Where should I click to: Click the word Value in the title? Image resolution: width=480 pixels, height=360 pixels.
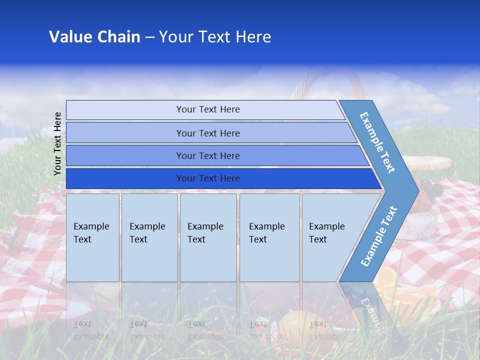point(70,37)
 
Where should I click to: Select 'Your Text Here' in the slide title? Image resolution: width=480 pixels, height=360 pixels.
point(215,37)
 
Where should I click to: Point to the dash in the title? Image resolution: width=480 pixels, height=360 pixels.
point(149,37)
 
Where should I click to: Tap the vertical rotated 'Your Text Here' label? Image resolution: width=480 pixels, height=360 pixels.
point(57,143)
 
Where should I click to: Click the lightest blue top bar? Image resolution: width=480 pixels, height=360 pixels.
point(207,109)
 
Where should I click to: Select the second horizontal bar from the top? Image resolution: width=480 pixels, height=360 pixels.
point(207,133)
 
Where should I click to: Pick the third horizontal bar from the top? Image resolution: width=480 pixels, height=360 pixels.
point(207,155)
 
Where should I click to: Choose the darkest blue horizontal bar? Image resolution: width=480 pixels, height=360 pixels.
point(207,178)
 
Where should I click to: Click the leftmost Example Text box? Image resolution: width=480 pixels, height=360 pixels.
point(92,237)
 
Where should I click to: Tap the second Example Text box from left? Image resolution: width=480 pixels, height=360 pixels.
point(149,237)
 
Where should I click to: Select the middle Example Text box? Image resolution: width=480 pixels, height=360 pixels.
point(208,237)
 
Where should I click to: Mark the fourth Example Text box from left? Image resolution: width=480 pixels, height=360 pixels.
point(269,237)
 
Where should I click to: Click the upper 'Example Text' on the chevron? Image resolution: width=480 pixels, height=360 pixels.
point(377,142)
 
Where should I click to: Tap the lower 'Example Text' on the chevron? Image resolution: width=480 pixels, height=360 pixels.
point(379,236)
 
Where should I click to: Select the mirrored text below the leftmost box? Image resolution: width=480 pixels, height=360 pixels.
point(91,330)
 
